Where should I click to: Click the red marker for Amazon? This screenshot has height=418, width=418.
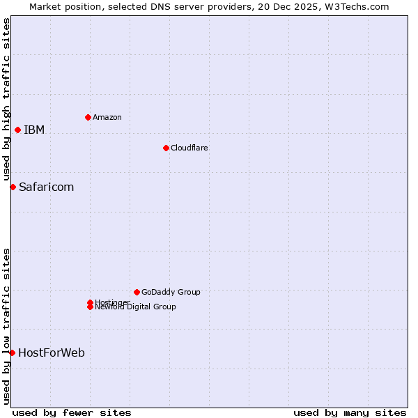[88, 117]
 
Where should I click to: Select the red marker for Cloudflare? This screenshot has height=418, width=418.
[166, 148]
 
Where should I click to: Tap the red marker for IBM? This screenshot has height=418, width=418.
[17, 130]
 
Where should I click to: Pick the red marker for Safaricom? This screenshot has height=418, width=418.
[13, 187]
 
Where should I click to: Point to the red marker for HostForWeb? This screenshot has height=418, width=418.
[12, 353]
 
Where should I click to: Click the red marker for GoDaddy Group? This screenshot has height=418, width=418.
[137, 292]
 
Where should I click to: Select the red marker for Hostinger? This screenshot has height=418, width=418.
[90, 302]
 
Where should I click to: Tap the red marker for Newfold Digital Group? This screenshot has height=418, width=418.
[90, 307]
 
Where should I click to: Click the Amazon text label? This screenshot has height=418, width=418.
[107, 117]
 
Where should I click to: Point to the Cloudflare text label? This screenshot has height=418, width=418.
[189, 148]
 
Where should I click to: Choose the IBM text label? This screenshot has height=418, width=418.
[34, 130]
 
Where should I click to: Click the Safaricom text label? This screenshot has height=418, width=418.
[47, 187]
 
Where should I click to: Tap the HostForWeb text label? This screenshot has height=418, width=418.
[52, 353]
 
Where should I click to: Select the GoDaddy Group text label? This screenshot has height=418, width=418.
[171, 292]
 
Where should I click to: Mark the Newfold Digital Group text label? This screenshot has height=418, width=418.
[136, 307]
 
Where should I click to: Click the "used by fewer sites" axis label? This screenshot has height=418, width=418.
[72, 412]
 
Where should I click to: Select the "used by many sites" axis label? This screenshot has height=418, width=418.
[350, 412]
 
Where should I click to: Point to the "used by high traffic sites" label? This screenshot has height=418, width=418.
[6, 99]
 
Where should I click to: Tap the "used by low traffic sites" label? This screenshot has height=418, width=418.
[6, 325]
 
